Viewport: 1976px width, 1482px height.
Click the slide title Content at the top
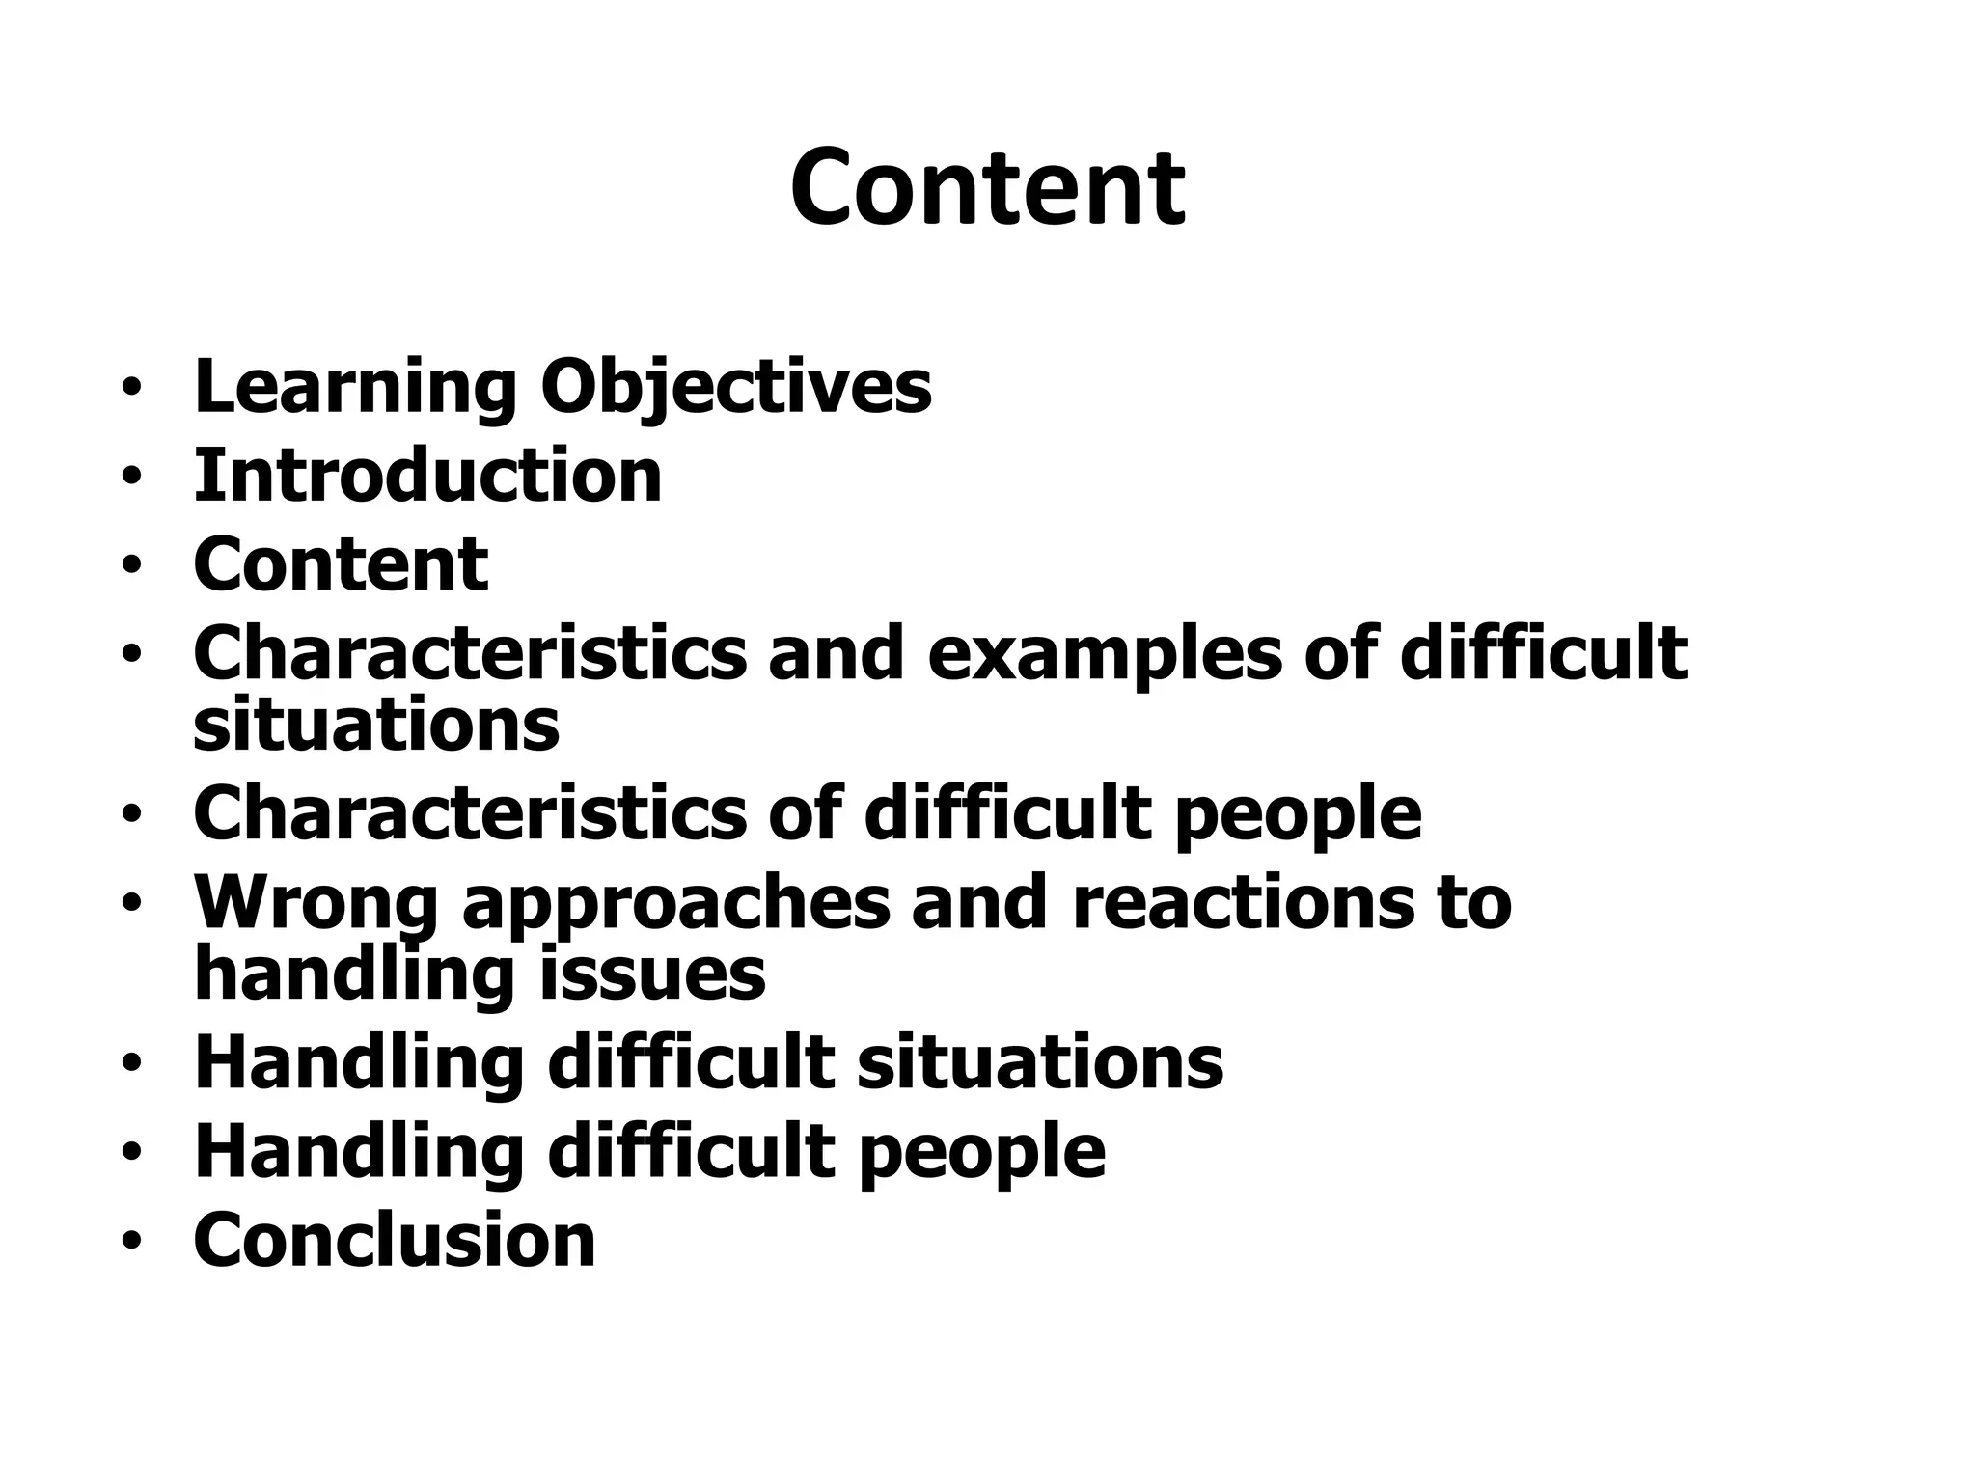pyautogui.click(x=987, y=188)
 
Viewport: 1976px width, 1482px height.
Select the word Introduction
pyautogui.click(x=427, y=476)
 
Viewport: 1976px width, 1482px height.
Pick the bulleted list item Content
pyautogui.click(x=341, y=564)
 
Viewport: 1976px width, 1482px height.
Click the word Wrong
pyautogui.click(x=316, y=903)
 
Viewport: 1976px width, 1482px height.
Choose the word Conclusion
pyautogui.click(x=395, y=1241)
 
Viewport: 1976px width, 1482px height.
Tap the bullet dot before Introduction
pyautogui.click(x=131, y=478)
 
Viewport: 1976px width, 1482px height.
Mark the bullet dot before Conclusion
pyautogui.click(x=131, y=1242)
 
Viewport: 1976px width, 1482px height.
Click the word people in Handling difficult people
pyautogui.click(x=981, y=1153)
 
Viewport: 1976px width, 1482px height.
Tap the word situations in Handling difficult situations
pyautogui.click(x=1040, y=1063)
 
